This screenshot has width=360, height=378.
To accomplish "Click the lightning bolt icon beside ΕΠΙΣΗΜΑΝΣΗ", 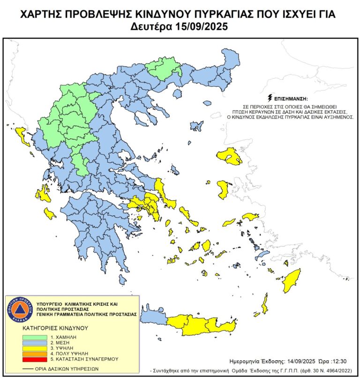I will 270,98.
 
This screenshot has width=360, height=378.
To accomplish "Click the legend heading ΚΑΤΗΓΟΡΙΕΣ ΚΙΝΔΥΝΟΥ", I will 51,328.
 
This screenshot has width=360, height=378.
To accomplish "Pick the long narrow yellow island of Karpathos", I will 266,304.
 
